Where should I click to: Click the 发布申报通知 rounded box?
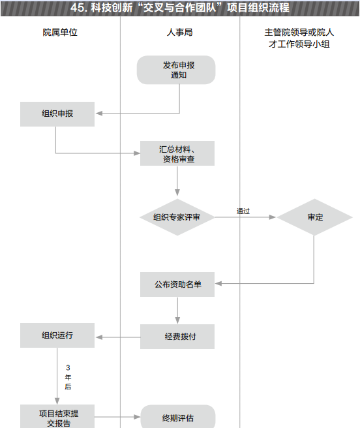pos(176,70)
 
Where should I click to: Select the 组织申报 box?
pos(57,114)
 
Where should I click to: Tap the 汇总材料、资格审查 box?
pos(177,153)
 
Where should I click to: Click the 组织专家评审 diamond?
pos(177,217)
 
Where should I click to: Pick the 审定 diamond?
pos(315,217)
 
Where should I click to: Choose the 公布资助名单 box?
pos(177,284)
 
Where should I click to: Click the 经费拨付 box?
pos(177,337)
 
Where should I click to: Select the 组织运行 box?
pos(57,335)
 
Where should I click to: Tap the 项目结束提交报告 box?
pos(57,416)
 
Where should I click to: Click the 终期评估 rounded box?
pos(178,417)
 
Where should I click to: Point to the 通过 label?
pos(243,211)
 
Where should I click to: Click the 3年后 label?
pos(68,377)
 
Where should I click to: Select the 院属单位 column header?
pos(60,33)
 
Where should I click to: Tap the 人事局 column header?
pos(179,33)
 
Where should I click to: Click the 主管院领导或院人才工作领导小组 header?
pos(299,38)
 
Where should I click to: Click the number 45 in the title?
pos(76,8)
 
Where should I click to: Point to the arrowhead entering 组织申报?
pos(98,114)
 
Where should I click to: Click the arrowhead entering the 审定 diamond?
pos(273,217)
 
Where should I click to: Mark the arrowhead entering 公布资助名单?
pos(218,284)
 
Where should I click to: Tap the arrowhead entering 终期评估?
pos(137,417)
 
